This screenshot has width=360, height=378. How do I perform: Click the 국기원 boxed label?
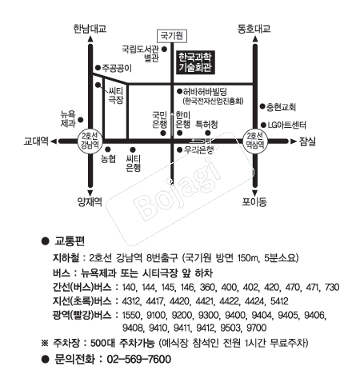coord(172,36)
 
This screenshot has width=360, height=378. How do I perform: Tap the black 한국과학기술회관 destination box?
coord(195,62)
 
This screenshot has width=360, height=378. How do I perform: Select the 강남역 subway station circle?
coord(90,141)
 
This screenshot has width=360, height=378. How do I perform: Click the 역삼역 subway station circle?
coord(255,141)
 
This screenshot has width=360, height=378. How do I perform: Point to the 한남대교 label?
coord(90,29)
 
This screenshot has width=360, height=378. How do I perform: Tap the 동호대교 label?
coord(254,29)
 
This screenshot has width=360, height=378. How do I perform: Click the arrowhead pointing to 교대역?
coord(54,141)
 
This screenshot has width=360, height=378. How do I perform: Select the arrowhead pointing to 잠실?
coord(294,141)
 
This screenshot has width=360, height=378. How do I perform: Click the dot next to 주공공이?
coord(98,68)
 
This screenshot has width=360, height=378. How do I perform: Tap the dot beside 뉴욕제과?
coord(81,120)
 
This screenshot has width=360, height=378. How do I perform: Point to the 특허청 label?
coord(206,124)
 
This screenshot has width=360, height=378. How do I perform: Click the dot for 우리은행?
coord(180,150)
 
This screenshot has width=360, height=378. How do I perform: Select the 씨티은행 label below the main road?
coord(133,163)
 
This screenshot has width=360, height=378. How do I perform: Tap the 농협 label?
coord(108,159)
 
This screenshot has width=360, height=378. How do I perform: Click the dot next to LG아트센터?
coord(263,125)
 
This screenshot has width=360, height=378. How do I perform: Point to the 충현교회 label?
coord(281,107)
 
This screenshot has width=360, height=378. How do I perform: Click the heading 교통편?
coord(70,241)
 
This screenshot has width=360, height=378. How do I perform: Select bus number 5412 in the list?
coord(279,301)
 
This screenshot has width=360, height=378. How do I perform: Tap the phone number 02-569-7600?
coord(139,359)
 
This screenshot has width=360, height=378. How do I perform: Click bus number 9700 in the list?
coord(257,328)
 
